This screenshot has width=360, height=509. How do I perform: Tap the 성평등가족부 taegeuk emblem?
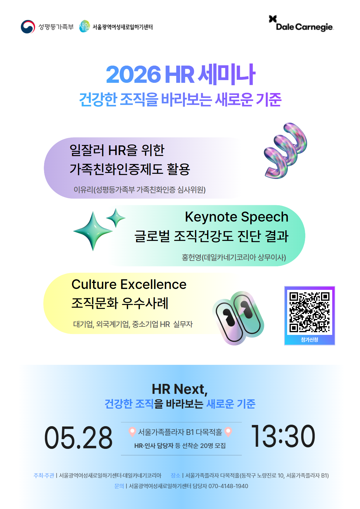[x=28, y=27]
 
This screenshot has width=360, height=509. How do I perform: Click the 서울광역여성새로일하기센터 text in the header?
[x=122, y=27]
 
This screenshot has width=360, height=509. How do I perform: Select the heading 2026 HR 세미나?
[x=180, y=74]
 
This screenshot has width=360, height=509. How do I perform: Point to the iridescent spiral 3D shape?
[x=285, y=150]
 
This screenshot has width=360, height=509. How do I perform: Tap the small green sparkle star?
[x=116, y=218]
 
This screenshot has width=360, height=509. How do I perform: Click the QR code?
[x=310, y=312]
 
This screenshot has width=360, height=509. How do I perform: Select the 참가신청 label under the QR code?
[x=310, y=340]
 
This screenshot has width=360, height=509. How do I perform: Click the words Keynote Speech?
[x=236, y=217]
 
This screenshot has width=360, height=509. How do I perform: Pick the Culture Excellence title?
[x=129, y=284]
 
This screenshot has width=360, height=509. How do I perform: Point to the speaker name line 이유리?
[x=139, y=190]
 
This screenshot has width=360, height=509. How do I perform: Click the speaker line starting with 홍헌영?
[x=234, y=258]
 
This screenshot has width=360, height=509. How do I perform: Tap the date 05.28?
[x=78, y=437]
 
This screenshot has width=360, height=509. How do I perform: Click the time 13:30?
[x=283, y=436]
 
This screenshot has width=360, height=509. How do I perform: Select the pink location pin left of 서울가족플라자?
[x=132, y=432]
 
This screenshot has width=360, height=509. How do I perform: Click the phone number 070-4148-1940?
[x=228, y=486]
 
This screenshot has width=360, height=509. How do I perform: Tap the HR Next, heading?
[x=180, y=389]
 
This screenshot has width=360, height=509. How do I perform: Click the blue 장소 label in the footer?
[x=175, y=475]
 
